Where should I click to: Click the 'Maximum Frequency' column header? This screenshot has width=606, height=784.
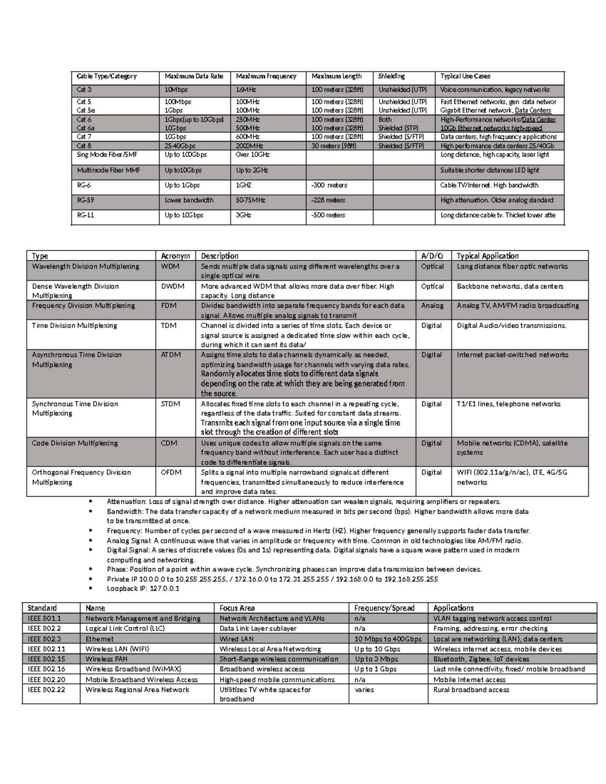[266, 77]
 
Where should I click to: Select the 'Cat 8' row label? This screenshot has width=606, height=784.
[84, 146]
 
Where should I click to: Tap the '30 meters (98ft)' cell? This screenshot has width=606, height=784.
[334, 146]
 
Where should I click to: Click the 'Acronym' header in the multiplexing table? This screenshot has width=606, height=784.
[175, 256]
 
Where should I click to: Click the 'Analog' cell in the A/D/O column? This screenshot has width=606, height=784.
[432, 305]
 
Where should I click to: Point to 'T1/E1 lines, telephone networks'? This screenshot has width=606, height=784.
[509, 404]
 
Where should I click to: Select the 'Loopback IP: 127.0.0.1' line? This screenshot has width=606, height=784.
[143, 589]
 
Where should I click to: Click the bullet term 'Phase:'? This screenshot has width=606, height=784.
[117, 569]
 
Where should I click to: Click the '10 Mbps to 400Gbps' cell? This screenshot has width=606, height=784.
[388, 639]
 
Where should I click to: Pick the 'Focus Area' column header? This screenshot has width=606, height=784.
[237, 608]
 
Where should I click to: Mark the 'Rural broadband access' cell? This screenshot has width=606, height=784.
[471, 690]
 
